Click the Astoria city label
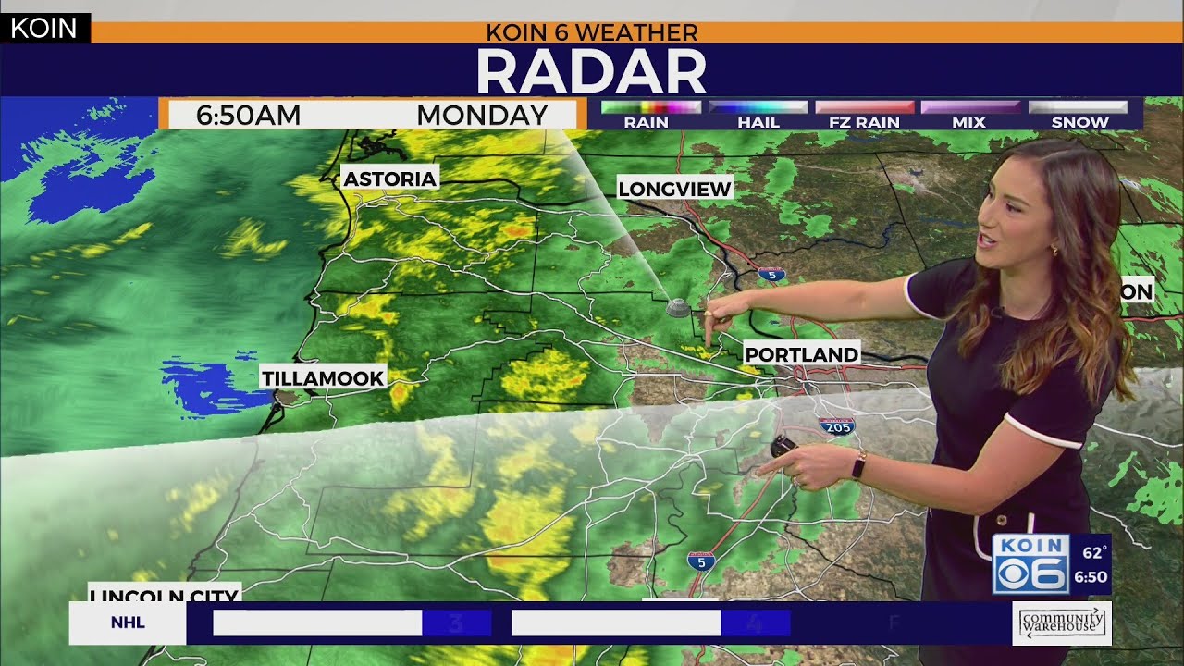(389, 179)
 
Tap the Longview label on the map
(674, 189)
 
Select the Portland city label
(801, 354)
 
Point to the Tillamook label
(322, 377)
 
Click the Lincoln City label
(165, 594)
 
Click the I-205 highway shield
(836, 425)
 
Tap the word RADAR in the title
(591, 71)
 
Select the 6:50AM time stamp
(248, 116)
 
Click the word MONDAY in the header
(482, 116)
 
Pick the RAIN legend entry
(646, 121)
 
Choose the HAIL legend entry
(758, 121)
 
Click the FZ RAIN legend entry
(864, 121)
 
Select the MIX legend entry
(968, 121)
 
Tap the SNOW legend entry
(1079, 121)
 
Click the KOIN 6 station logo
(1030, 563)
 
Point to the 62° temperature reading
(1094, 553)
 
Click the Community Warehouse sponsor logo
(1062, 623)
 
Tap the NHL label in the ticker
(128, 623)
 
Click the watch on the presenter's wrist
(858, 465)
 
